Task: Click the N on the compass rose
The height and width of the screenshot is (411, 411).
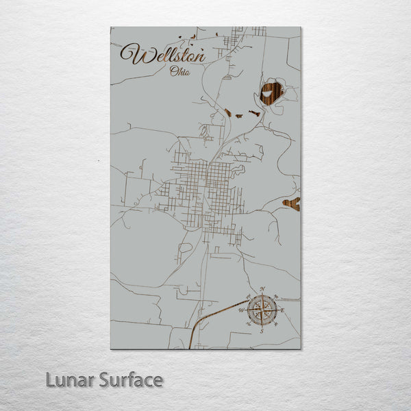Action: pyautogui.click(x=261, y=288)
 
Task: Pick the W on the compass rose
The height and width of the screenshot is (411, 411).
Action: pyautogui.click(x=240, y=310)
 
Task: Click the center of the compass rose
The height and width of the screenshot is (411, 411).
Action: pyautogui.click(x=261, y=310)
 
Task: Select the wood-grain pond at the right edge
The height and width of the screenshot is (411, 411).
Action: pyautogui.click(x=292, y=203)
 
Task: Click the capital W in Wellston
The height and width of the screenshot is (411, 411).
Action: pyautogui.click(x=132, y=53)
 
